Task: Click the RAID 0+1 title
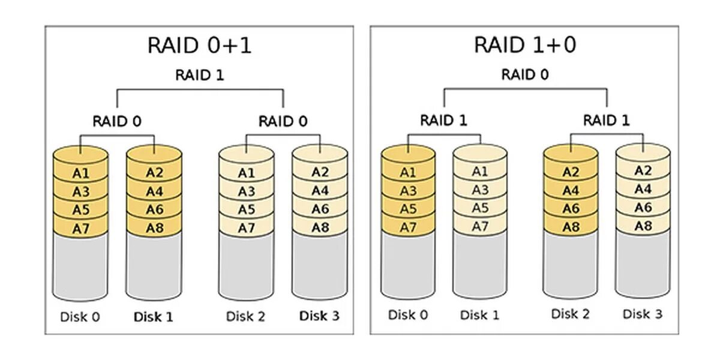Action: click(x=199, y=45)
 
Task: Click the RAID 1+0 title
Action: click(x=526, y=45)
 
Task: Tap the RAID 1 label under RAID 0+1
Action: click(x=199, y=76)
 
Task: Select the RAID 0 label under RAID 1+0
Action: click(x=526, y=75)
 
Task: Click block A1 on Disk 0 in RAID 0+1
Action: click(x=81, y=173)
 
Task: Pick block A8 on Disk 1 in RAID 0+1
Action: click(x=155, y=228)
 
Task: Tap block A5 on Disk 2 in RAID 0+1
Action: click(x=246, y=210)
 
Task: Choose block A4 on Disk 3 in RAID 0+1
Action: click(x=320, y=191)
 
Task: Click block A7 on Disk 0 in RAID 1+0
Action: click(x=408, y=227)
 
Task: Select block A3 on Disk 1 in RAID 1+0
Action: click(x=480, y=190)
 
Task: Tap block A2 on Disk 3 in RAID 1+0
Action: click(x=643, y=170)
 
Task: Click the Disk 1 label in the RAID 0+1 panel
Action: click(x=154, y=317)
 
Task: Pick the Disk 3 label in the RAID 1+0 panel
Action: click(x=642, y=314)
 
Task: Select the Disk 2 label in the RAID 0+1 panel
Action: click(x=246, y=316)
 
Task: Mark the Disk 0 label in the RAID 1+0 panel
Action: click(x=408, y=314)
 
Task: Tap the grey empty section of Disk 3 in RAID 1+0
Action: click(x=643, y=264)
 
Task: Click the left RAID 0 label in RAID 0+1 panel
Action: click(x=117, y=121)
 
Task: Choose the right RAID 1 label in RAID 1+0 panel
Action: click(x=607, y=121)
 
